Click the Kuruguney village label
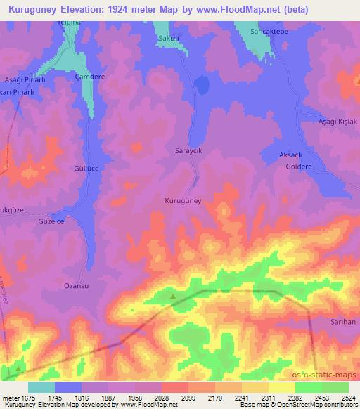(x=183, y=201)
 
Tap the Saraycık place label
(x=188, y=150)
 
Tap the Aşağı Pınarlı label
(x=25, y=81)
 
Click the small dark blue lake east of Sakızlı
(x=202, y=86)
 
